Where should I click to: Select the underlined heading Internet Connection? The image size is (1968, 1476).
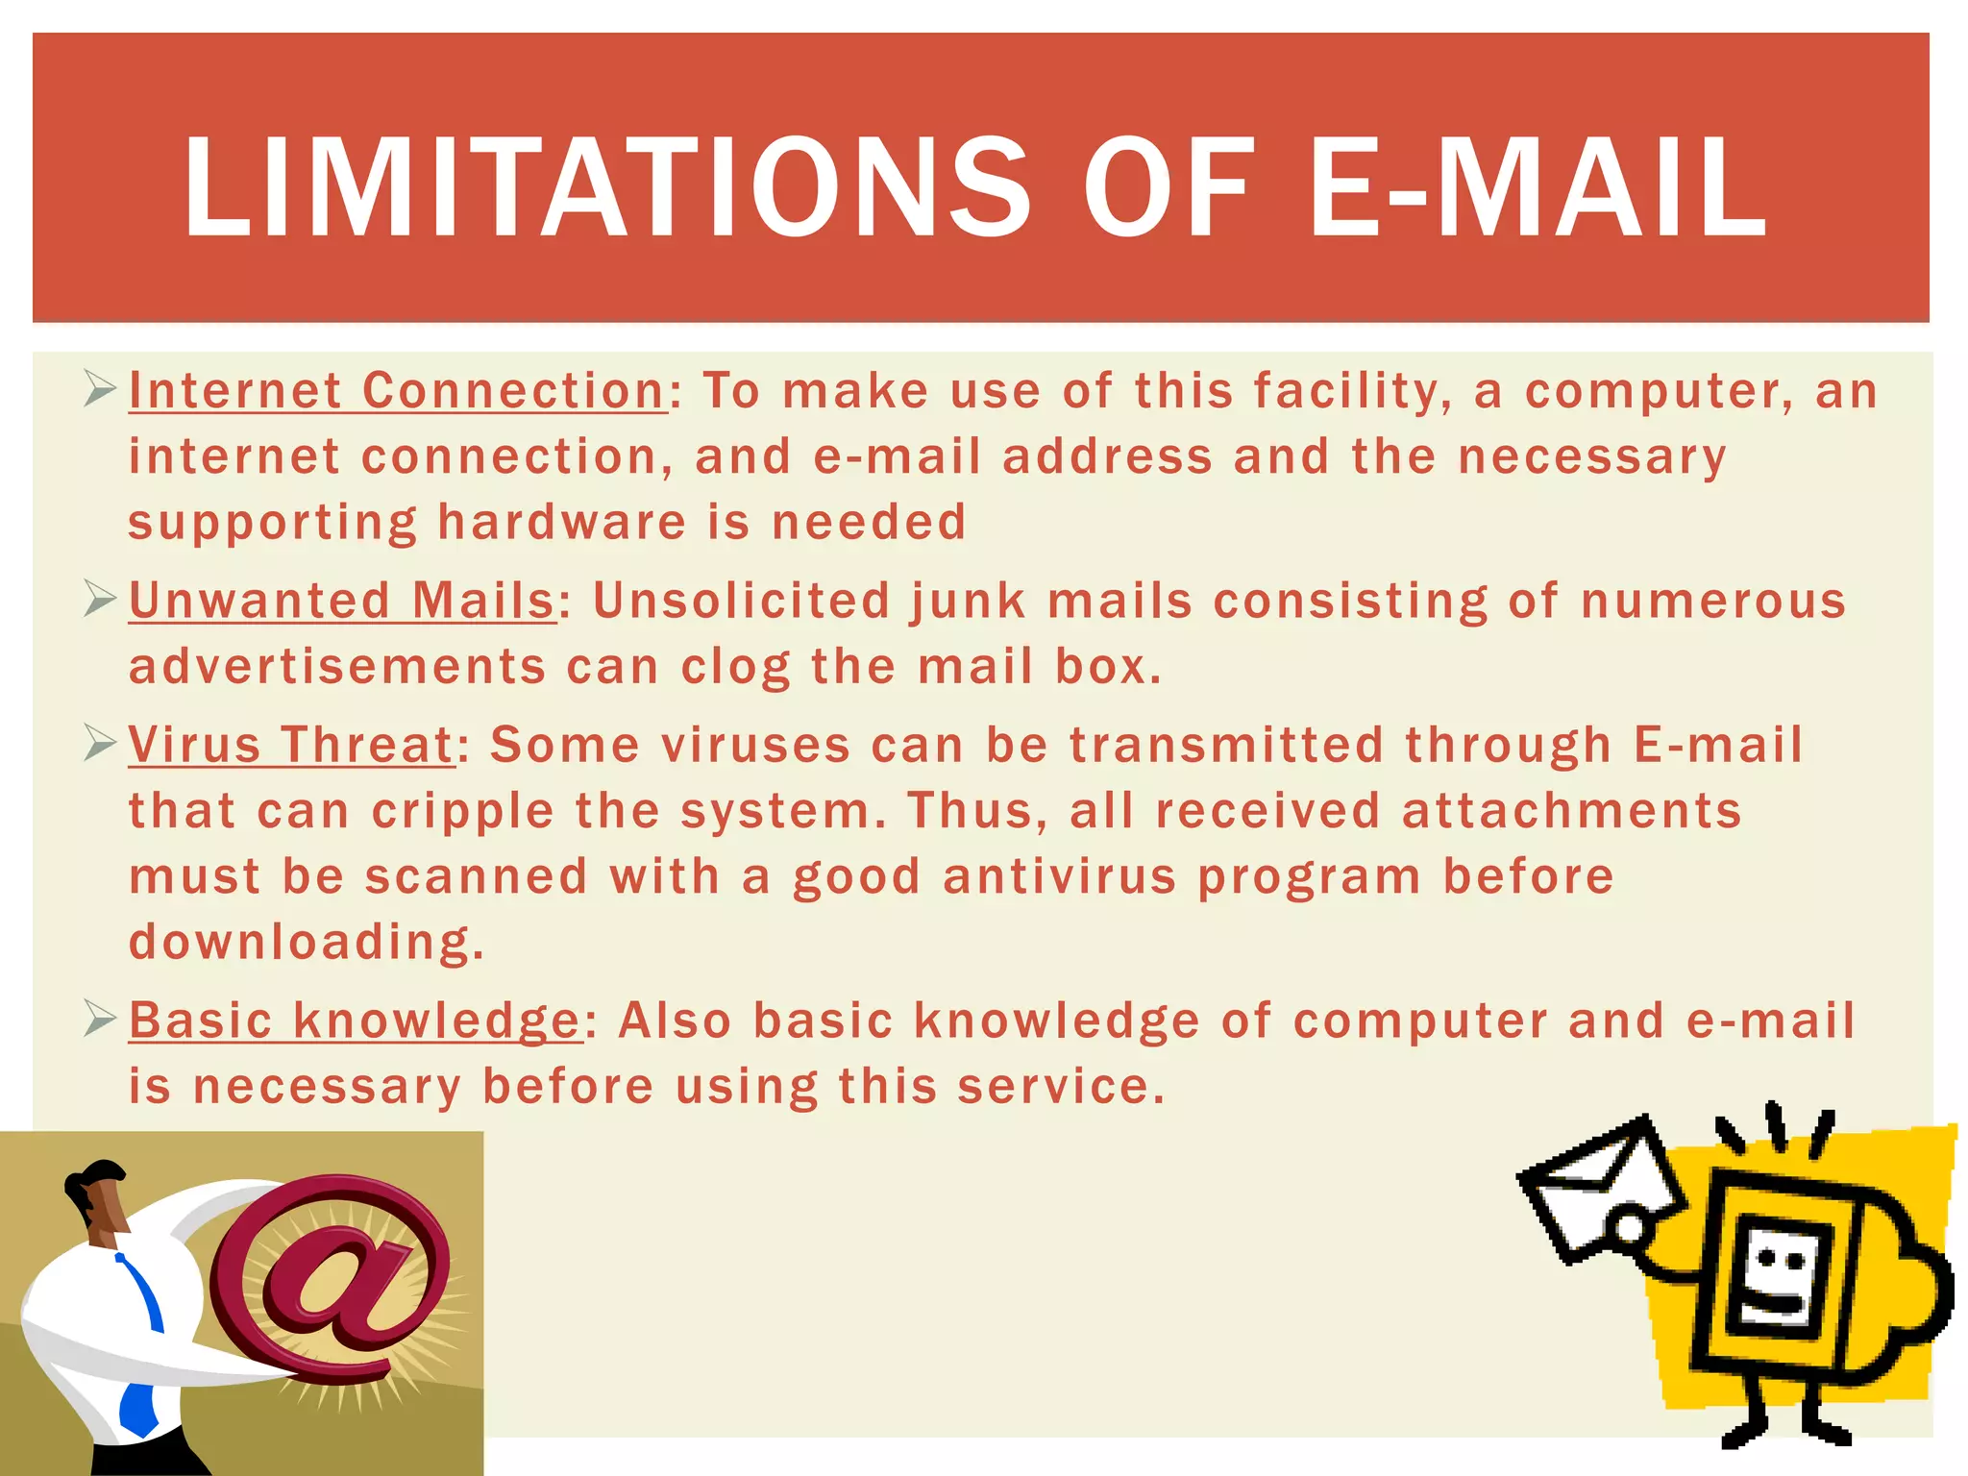397,391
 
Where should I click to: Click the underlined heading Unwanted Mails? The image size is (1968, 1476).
342,601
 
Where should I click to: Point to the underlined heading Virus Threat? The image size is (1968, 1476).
290,745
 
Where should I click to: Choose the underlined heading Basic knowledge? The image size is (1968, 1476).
355,1020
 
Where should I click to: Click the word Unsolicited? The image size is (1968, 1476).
742,601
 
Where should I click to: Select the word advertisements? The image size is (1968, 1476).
337,667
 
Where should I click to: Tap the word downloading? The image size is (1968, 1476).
306,942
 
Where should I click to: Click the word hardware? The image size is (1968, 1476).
562,523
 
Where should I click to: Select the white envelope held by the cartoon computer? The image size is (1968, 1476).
1600,1187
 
